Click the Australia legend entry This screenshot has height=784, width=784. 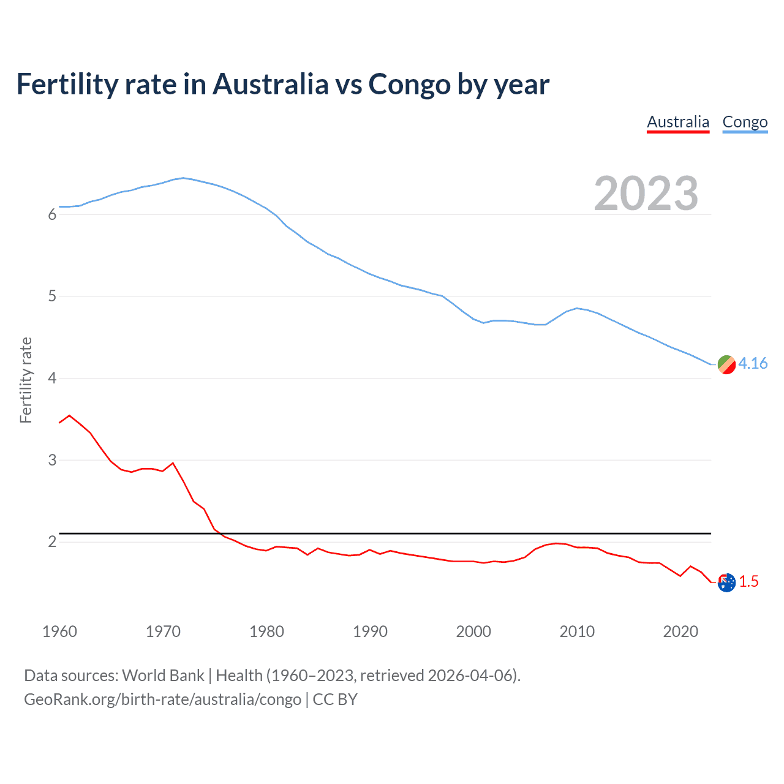pos(678,122)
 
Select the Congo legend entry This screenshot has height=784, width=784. pos(745,122)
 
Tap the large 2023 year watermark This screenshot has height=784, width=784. pos(646,194)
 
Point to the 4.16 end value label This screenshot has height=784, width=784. pos(753,363)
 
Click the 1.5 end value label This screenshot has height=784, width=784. pos(748,581)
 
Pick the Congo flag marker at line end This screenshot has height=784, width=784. pos(726,364)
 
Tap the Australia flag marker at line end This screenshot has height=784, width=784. pos(726,582)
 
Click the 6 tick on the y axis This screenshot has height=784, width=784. pos(52,214)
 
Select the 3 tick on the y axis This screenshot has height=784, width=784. pos(52,460)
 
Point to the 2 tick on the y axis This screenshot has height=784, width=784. pos(52,542)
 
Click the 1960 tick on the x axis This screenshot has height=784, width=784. pos(59,631)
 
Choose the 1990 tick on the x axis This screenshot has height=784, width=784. pos(370,631)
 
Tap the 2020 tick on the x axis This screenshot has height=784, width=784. pos(680,631)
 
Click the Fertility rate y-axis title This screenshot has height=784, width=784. pos(26,380)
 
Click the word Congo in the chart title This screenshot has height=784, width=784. pos(409,84)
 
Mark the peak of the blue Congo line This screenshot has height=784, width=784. pos(183,178)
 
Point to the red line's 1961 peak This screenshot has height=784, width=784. pos(69,415)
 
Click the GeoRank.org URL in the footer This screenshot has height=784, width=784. pos(162,699)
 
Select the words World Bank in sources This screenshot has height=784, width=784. pos(163,675)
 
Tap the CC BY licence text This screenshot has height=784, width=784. pos(335,699)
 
